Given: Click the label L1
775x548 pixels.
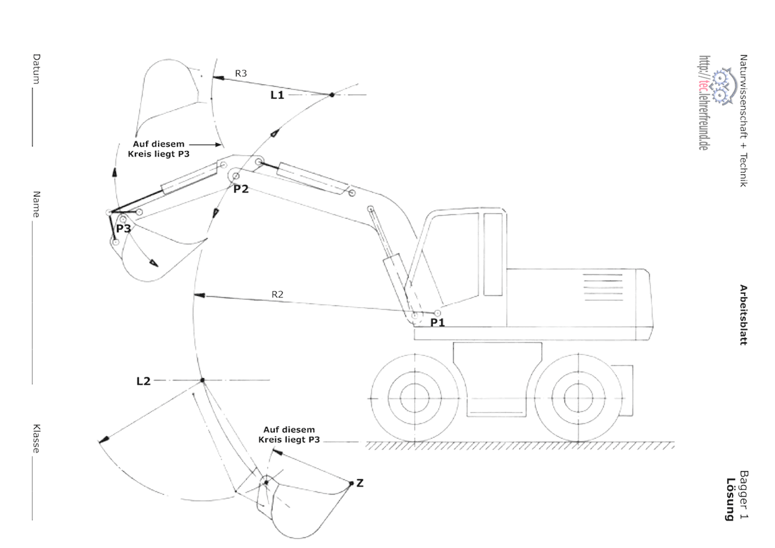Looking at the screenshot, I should point(277,95).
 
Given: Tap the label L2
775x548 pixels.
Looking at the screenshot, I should point(143,381).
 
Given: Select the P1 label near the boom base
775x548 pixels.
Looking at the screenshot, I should point(438,322).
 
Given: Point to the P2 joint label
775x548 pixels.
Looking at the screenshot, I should point(241,189).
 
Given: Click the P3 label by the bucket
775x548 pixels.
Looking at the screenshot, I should point(123,228).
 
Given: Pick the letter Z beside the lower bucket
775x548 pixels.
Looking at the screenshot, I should point(359,484).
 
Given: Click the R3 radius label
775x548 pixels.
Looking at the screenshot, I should point(241,73).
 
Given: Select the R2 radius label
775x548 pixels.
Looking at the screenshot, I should point(278,294).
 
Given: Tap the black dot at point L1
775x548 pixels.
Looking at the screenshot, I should point(331,95).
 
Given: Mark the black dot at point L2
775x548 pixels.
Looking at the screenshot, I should point(203,380).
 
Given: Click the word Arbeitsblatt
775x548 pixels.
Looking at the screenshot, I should point(743,314).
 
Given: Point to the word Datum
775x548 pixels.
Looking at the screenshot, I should point(37,69).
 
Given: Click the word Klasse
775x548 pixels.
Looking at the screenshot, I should point(37,439).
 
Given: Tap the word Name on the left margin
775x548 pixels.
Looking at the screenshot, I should point(37,204).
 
